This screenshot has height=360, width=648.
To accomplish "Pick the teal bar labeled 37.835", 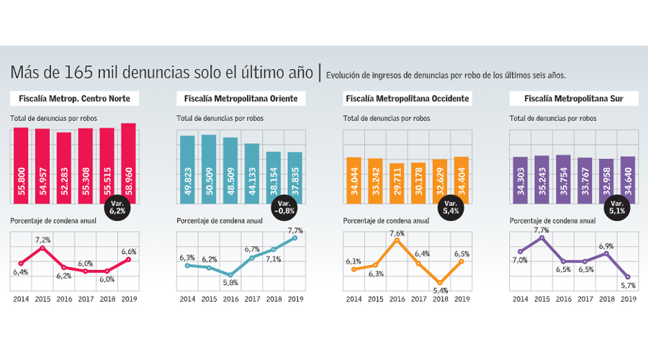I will (295, 180).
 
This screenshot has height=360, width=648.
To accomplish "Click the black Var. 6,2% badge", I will (117, 209).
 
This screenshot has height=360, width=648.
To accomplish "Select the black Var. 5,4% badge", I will (451, 209).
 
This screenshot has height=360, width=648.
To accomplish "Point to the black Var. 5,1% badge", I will (617, 209).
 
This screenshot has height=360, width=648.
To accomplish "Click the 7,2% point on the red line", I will (42, 248).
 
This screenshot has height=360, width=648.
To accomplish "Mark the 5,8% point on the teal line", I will (230, 275).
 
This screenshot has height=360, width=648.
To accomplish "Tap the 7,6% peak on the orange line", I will (397, 240).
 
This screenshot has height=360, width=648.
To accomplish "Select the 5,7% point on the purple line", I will (628, 277).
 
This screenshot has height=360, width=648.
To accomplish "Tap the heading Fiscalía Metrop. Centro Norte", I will (75, 98).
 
